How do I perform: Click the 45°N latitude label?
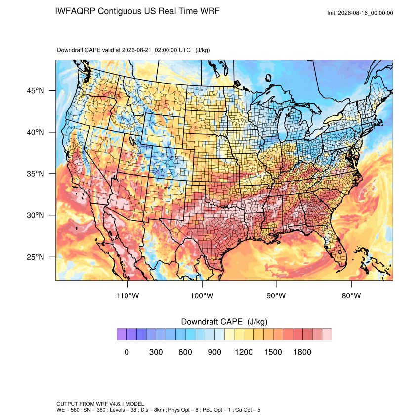click(35, 91)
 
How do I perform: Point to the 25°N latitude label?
click(35, 257)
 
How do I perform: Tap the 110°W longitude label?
click(127, 296)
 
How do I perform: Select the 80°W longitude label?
click(351, 296)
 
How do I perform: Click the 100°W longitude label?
click(202, 296)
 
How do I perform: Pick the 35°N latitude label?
click(35, 174)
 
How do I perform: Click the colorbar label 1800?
click(302, 352)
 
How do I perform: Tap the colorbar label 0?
click(126, 352)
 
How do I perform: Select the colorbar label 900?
click(214, 352)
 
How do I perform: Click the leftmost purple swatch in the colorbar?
click(122, 335)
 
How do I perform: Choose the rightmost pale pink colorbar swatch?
click(327, 335)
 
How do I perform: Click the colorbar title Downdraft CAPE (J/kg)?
click(224, 322)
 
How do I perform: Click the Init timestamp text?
click(360, 13)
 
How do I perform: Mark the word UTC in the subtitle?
click(185, 50)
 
